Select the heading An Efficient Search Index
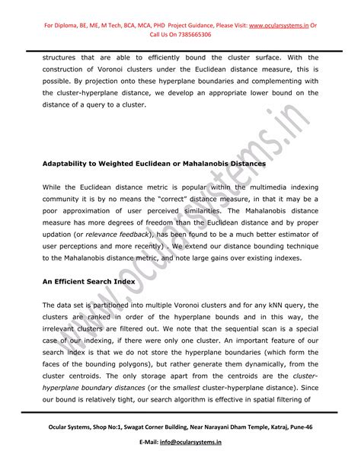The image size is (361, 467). (88, 281)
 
